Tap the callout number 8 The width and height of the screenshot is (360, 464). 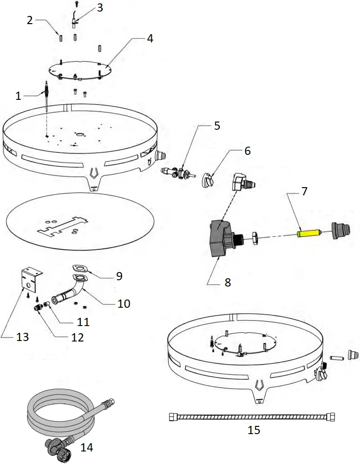click(x=227, y=283)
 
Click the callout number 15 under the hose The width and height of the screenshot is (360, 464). click(x=253, y=430)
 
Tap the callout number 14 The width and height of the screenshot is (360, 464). click(x=87, y=447)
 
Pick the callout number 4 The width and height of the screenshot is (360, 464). click(x=150, y=38)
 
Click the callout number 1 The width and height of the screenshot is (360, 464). click(x=18, y=96)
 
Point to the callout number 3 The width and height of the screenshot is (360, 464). click(x=100, y=8)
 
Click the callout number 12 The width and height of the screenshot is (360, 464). click(x=78, y=337)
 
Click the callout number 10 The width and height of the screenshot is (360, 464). click(x=123, y=303)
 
